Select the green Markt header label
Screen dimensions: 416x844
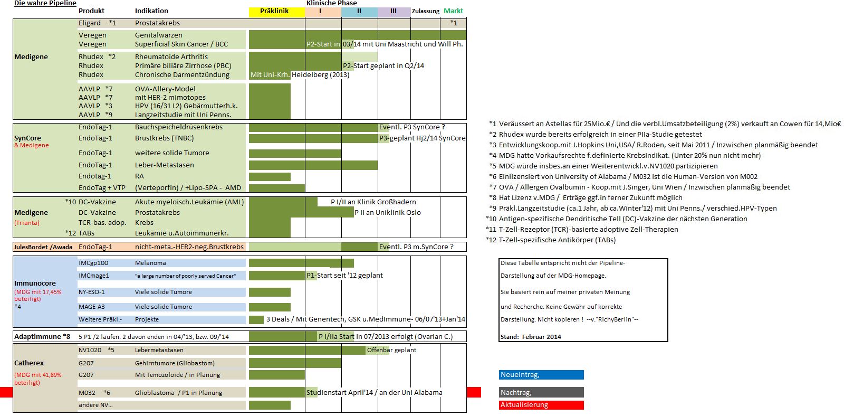click(453, 11)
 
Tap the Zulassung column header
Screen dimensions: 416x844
click(425, 11)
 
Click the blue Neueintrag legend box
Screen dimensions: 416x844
click(541, 375)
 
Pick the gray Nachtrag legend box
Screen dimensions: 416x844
click(541, 392)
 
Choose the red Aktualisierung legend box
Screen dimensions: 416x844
click(541, 405)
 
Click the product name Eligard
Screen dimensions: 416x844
click(90, 23)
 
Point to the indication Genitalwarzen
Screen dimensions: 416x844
click(159, 35)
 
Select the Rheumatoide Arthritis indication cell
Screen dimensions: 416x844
click(171, 57)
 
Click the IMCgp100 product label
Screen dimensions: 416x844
click(93, 263)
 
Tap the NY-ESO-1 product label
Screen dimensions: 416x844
click(92, 292)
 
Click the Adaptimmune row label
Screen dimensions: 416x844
click(42, 336)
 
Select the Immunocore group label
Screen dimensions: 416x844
click(35, 283)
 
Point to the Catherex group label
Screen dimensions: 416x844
click(29, 363)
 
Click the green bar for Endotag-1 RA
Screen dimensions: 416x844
click(270, 176)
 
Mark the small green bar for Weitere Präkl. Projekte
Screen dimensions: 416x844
click(256, 319)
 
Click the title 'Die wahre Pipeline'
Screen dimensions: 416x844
click(45, 3)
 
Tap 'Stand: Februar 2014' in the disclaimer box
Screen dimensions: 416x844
click(531, 337)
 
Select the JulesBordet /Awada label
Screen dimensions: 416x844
click(43, 247)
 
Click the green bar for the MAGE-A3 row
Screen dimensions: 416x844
click(270, 307)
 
